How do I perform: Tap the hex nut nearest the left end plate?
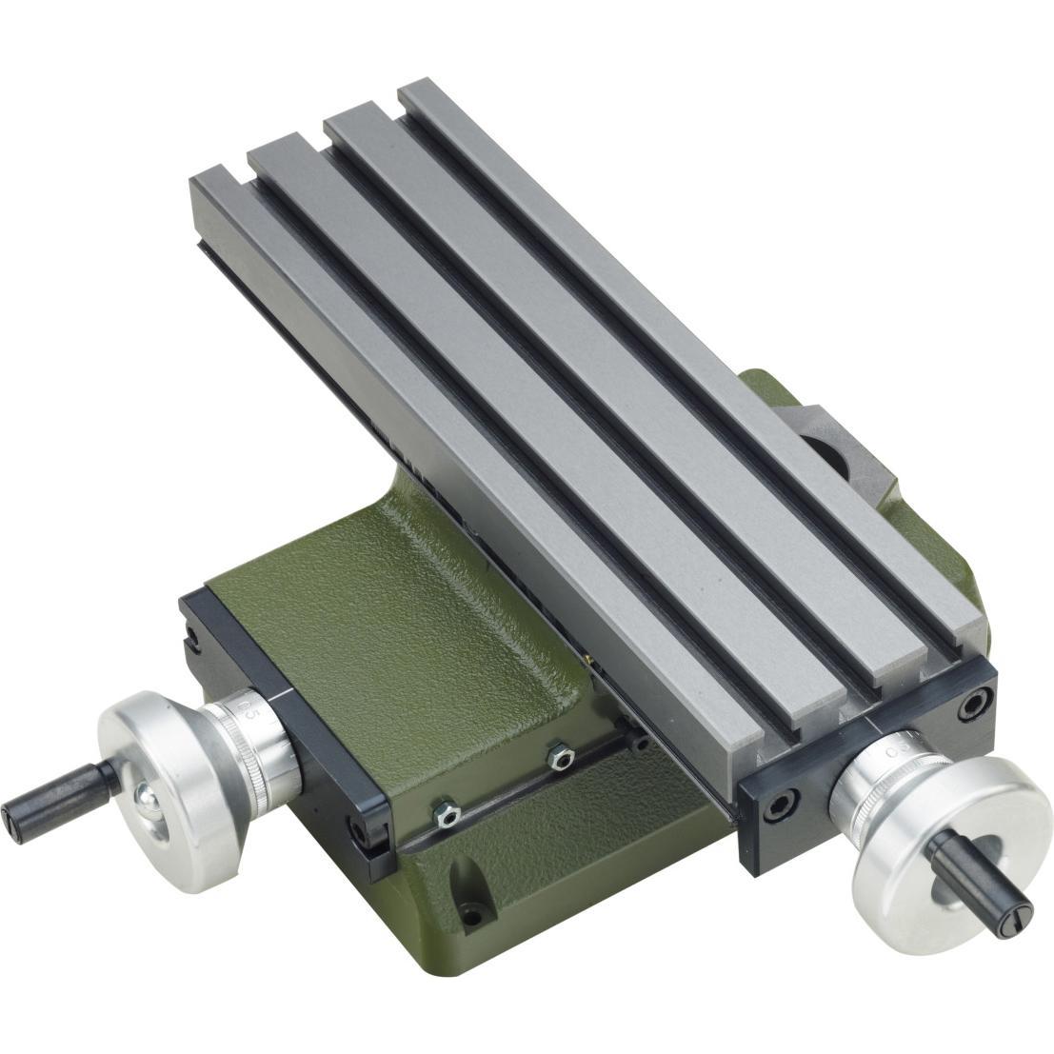click(445, 813)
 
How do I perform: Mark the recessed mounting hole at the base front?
click(470, 915)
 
